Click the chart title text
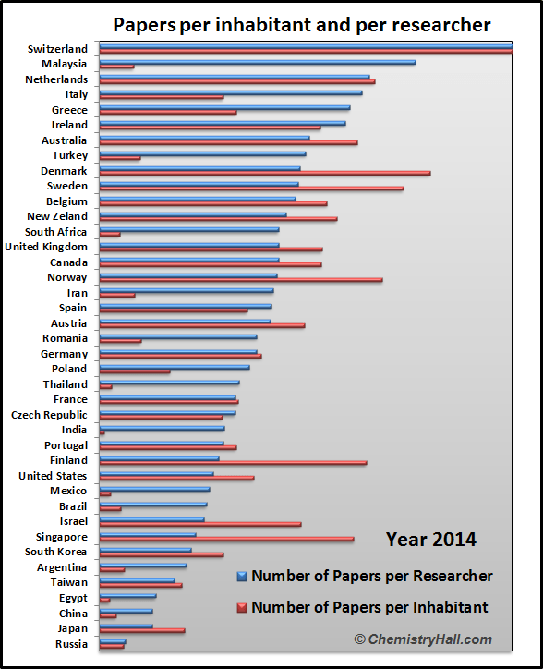(302, 25)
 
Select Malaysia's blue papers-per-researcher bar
(258, 62)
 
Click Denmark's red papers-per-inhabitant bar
(265, 173)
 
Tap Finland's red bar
(234, 463)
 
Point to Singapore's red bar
(227, 539)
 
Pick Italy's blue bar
(231, 92)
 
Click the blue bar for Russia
(113, 641)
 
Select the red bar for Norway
(241, 280)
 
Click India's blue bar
(163, 428)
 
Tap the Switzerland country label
(57, 49)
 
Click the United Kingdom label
(46, 247)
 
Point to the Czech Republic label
(49, 415)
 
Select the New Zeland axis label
(57, 216)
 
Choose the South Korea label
(55, 552)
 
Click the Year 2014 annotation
(431, 540)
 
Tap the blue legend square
(242, 577)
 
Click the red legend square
(242, 608)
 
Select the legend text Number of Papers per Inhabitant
(369, 607)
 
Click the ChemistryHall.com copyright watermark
(423, 639)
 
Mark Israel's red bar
(200, 524)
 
